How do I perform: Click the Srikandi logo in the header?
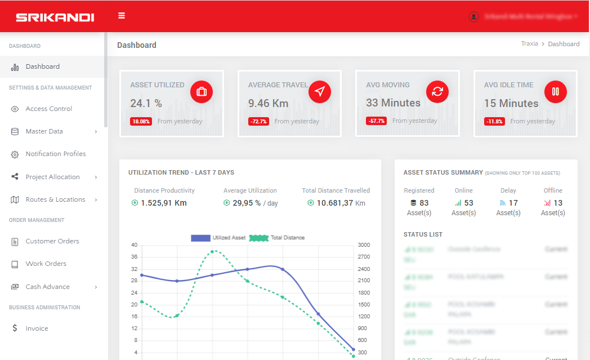coord(55,17)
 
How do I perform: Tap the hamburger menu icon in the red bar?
coord(122,16)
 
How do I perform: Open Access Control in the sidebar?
coord(48,109)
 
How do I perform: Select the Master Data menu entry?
coord(44,131)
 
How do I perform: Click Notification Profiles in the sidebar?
coord(55,154)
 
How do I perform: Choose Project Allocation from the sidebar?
coord(52,177)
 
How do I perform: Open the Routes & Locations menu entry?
coord(55,199)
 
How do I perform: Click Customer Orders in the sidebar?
coord(52,241)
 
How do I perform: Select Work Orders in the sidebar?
coord(46,264)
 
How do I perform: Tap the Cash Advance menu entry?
coord(47,287)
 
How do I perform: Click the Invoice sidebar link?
coord(37,328)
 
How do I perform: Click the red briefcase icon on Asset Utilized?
coord(202,91)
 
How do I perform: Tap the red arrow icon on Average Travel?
coord(320,91)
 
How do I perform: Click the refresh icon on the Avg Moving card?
coord(437,91)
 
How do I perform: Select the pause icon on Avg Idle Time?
coord(556,91)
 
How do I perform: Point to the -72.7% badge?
coord(258,121)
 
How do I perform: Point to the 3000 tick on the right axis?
coord(363,245)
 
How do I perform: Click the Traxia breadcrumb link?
coord(529,44)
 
